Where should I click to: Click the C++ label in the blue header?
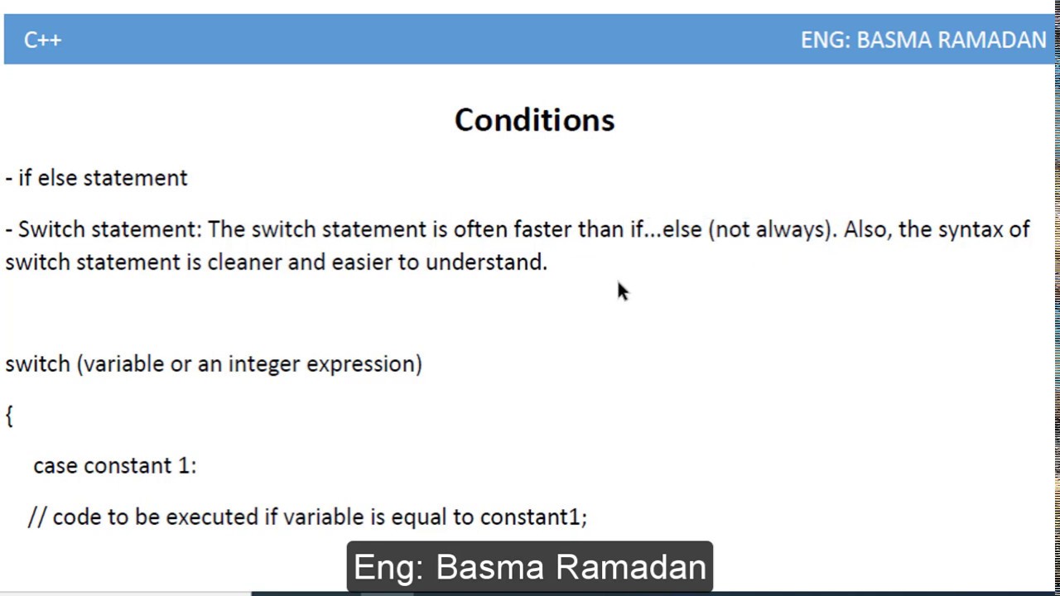[42, 40]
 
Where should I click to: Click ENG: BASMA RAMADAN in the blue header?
[923, 40]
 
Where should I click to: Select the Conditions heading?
[534, 120]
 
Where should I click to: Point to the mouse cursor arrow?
[622, 291]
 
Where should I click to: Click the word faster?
[542, 229]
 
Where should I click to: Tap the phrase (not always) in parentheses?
[770, 229]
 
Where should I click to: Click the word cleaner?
[244, 262]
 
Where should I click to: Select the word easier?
[362, 262]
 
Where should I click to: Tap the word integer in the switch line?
[264, 364]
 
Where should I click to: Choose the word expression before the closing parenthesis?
[360, 364]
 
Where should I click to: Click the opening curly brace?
[9, 416]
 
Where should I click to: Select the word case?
[55, 466]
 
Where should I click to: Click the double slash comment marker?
[37, 517]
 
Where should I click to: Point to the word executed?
[211, 517]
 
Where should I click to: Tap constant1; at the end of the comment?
[533, 517]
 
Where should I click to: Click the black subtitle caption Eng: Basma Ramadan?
[529, 567]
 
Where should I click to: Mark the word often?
[480, 229]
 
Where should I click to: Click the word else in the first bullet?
[57, 178]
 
